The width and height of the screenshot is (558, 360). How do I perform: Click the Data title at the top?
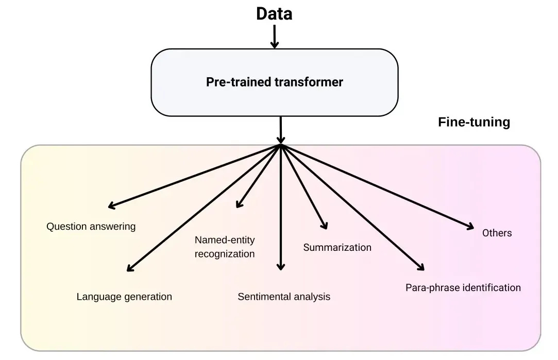tap(274, 14)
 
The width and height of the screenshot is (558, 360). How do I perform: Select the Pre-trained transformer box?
tap(274, 82)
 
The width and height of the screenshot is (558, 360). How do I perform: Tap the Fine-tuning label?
tap(474, 122)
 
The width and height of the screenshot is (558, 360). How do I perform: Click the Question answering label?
tap(91, 226)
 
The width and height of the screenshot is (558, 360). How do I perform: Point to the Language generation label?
tap(124, 297)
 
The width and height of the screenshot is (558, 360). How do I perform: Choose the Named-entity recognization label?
tap(225, 247)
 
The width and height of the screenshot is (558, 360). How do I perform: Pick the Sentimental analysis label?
tap(284, 297)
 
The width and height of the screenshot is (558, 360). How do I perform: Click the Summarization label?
tap(337, 247)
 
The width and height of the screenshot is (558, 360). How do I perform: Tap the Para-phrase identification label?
tap(463, 287)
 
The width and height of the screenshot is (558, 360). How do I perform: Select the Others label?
tap(497, 233)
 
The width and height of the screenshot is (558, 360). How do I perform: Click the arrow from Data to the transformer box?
tap(275, 37)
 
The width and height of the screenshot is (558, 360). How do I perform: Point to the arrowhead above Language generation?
tap(130, 268)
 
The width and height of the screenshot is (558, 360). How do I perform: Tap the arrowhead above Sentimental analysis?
tap(281, 267)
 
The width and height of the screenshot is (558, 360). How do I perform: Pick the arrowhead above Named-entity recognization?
tap(238, 204)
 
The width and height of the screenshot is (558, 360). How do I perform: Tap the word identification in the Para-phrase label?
tap(492, 287)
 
